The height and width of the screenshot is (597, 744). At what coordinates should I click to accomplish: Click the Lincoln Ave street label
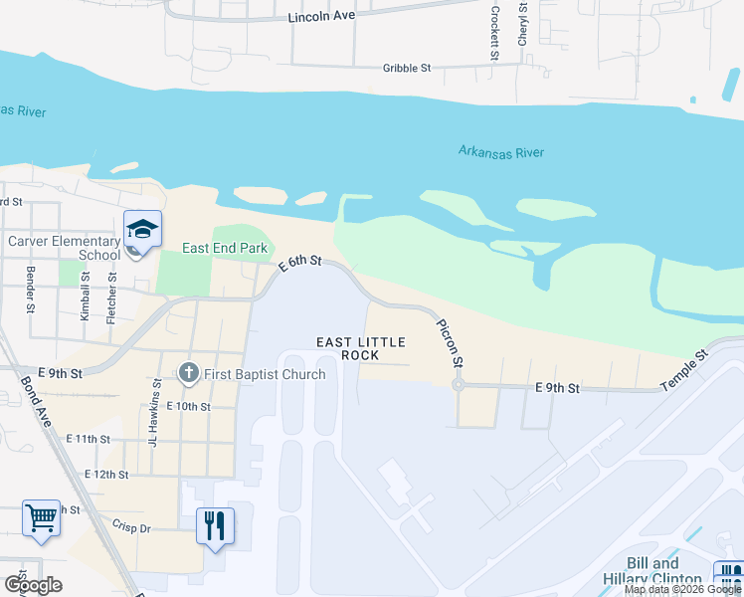[x=320, y=18]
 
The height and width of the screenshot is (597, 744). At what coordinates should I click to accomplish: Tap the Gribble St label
[x=407, y=69]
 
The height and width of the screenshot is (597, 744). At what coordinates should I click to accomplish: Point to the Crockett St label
[x=493, y=33]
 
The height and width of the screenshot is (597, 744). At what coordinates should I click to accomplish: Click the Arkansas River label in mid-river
[x=501, y=152]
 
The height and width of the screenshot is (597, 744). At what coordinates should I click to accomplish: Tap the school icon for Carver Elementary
[x=142, y=229]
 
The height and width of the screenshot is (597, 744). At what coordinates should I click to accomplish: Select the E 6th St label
[x=300, y=264]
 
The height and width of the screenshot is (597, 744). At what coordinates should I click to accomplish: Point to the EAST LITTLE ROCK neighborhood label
[x=361, y=348]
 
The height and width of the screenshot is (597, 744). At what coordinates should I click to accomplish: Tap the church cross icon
[x=189, y=374]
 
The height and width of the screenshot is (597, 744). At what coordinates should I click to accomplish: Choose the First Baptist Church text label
[x=266, y=375]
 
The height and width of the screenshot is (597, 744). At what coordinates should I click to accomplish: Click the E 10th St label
[x=189, y=406]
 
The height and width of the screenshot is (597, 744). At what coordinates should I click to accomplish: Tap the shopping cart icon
[x=41, y=518]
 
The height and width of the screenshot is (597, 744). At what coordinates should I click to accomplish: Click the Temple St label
[x=685, y=368]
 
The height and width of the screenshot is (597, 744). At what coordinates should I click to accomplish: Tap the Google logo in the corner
[x=33, y=585]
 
